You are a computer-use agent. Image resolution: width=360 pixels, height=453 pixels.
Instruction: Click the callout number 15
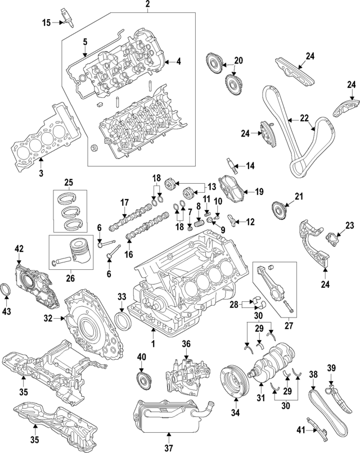[x=46, y=22]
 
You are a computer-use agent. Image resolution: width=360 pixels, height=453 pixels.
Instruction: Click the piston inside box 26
[x=79, y=252]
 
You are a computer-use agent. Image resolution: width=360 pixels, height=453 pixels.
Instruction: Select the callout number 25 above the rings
[x=69, y=183]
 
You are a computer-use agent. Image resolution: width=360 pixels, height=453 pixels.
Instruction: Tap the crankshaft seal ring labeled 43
[x=7, y=289]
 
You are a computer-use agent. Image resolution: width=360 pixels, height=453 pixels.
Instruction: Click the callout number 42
[x=19, y=248]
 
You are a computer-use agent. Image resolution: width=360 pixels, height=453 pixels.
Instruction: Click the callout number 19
[x=259, y=192]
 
